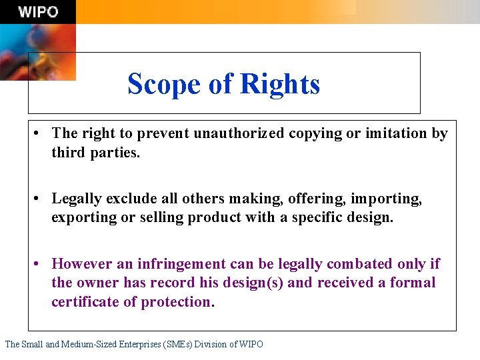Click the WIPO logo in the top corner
tap(38, 11)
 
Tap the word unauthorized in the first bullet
tap(239, 133)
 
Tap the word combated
tap(353, 264)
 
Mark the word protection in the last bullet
tap(175, 302)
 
